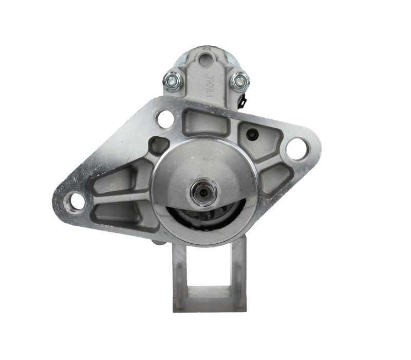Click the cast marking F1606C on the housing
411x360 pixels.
click(210, 86)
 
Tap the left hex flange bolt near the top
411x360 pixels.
click(173, 81)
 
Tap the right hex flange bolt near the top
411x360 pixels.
click(239, 81)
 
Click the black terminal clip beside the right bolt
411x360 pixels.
click(242, 101)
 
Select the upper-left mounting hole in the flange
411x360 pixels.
click(165, 119)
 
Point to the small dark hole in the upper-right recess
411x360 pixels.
click(252, 134)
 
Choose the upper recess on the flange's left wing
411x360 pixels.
click(115, 182)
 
